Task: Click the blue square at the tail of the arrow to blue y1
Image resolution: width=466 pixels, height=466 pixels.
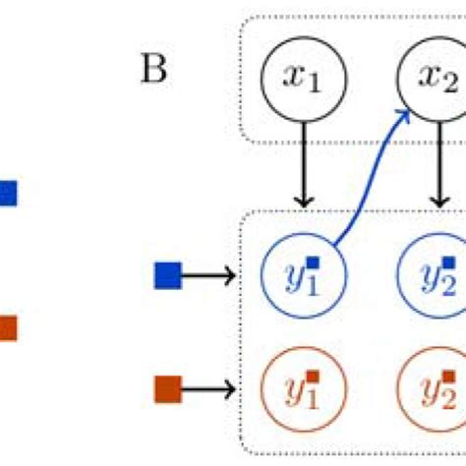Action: coord(169,276)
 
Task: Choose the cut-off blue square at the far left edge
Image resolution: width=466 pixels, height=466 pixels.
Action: coord(8,193)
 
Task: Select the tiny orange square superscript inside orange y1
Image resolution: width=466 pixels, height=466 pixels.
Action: coord(314,377)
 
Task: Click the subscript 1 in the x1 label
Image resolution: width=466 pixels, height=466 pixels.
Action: coord(315,86)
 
